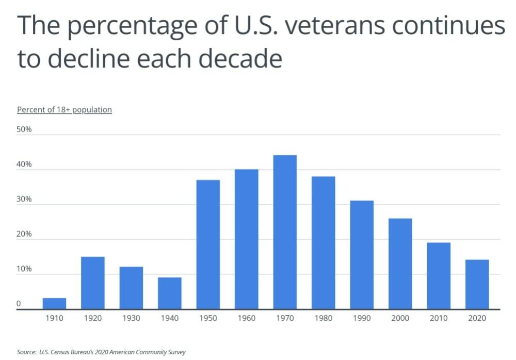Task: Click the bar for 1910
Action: (x=54, y=304)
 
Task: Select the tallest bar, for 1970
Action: (x=285, y=232)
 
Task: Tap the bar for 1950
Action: (x=208, y=244)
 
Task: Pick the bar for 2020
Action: (x=477, y=284)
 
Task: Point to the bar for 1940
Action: (x=170, y=293)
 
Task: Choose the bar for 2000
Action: (x=400, y=264)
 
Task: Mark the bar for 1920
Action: (x=93, y=283)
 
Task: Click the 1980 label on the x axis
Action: (x=323, y=318)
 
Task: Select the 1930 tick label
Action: (x=131, y=318)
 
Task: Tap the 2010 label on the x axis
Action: (x=439, y=318)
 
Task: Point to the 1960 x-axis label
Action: (x=247, y=318)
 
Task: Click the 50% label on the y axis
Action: (x=24, y=129)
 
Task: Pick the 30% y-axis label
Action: (x=24, y=199)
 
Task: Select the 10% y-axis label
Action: (x=24, y=269)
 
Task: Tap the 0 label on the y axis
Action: (x=19, y=304)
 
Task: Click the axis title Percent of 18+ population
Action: (x=64, y=110)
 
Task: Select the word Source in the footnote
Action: (x=26, y=352)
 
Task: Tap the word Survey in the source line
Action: (x=175, y=352)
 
